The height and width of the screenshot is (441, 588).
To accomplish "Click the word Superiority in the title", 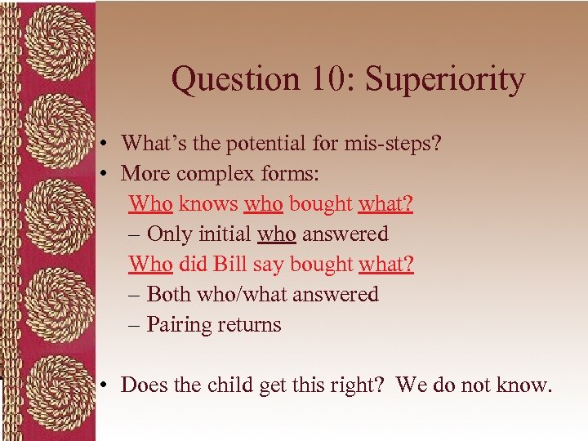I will (444, 80).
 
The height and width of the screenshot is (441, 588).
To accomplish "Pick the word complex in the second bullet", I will (216, 174).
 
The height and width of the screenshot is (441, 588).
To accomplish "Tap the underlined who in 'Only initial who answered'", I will (276, 234).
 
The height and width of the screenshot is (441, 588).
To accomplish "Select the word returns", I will (248, 325).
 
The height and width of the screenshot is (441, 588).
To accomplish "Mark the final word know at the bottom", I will (526, 385).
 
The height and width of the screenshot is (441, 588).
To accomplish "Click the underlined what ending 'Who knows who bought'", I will (385, 204).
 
